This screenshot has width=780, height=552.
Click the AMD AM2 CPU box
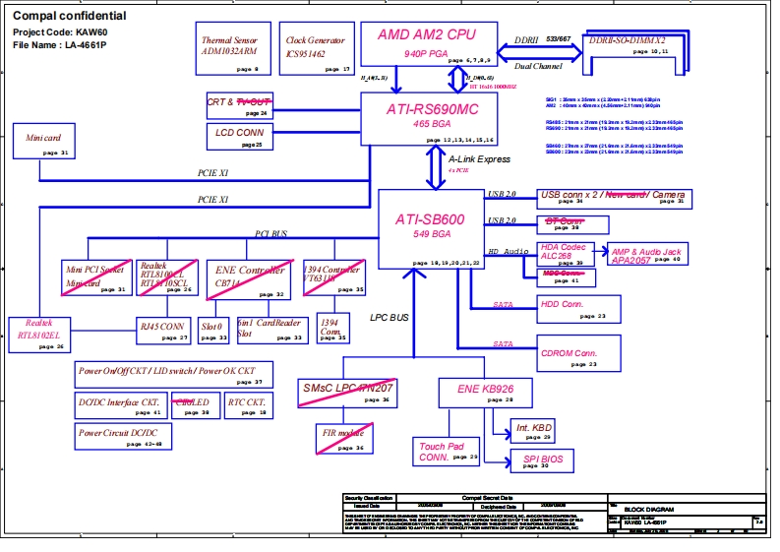click(426, 44)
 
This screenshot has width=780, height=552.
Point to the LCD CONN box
click(237, 135)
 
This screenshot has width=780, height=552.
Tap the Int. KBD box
click(534, 429)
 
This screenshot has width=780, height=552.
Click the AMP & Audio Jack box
click(645, 256)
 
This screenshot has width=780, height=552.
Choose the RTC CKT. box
click(246, 405)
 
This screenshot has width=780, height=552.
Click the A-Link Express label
click(479, 159)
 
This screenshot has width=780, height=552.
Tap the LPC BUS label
click(390, 318)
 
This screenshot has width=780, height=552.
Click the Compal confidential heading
click(70, 16)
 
